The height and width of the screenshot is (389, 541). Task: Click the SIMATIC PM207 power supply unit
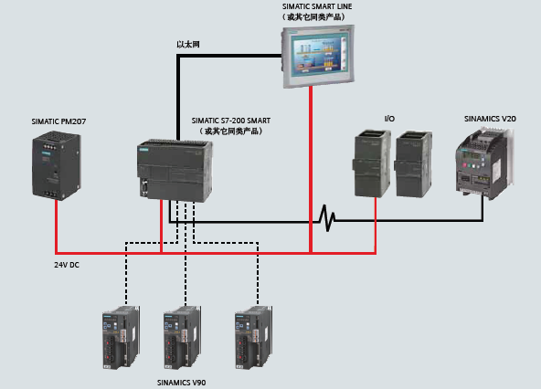click(57, 165)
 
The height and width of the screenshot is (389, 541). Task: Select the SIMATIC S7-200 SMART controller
click(175, 171)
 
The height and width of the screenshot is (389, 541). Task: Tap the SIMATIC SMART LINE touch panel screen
click(317, 56)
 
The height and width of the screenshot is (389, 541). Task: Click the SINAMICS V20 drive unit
click(484, 163)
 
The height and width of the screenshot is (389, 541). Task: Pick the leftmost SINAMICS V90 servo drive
click(121, 337)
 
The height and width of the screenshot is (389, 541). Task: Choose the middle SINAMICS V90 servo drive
click(182, 337)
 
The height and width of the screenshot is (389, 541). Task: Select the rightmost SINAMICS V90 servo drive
click(254, 337)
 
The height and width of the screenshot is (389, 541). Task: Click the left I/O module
click(372, 163)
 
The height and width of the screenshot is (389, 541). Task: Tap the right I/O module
click(413, 164)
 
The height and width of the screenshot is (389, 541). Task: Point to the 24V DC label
click(67, 265)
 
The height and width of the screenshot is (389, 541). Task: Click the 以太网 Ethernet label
click(188, 45)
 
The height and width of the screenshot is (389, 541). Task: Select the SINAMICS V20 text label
click(490, 119)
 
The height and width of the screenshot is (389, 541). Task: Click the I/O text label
click(389, 119)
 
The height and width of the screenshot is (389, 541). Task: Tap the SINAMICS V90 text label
click(182, 383)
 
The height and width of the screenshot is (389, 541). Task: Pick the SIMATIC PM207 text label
click(58, 121)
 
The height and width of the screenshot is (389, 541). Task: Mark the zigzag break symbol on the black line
click(327, 217)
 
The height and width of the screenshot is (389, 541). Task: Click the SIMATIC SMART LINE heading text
click(317, 6)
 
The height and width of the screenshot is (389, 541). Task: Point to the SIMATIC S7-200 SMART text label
click(231, 121)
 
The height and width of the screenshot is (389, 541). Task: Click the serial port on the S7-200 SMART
click(143, 187)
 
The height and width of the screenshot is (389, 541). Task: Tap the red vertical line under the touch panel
click(311, 169)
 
